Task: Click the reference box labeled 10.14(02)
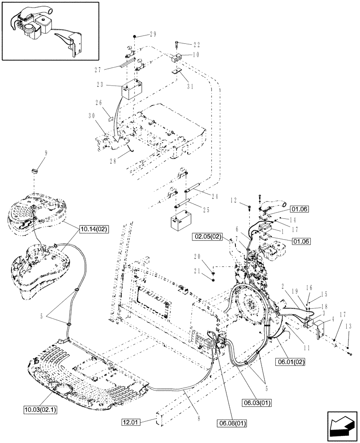click(94, 229)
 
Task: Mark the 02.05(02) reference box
click(207, 237)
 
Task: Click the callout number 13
click(348, 327)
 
